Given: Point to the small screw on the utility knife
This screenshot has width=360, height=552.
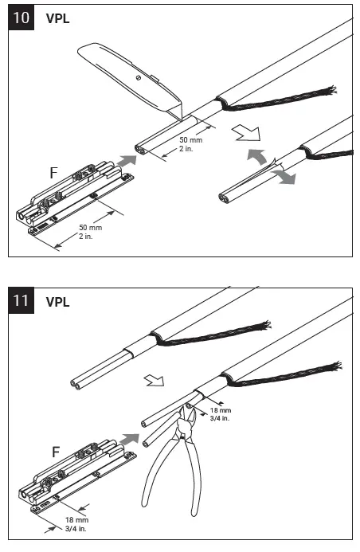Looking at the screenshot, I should coord(139,78).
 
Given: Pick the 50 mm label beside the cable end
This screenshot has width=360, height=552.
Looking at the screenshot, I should coord(205,143).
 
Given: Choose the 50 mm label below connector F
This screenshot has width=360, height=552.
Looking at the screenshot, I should coord(88,232).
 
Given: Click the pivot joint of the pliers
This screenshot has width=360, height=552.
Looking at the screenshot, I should coord(184,434).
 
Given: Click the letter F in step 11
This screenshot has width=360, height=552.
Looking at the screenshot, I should coord(56,452).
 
